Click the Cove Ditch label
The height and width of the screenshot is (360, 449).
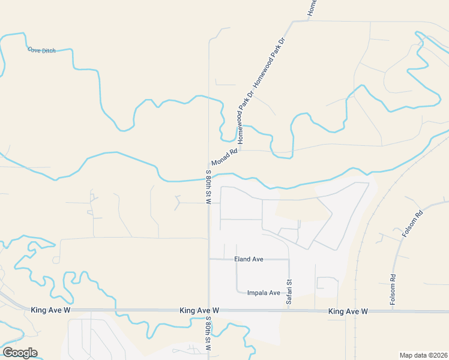41,50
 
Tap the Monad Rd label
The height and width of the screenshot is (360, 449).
224,158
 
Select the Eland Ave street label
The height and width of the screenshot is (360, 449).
249,259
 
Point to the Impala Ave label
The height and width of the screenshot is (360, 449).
264,293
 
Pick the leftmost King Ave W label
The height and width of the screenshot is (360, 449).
51,310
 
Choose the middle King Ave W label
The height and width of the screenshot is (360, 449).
199,311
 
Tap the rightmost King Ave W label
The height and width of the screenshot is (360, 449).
348,311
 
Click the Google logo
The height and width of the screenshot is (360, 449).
20,353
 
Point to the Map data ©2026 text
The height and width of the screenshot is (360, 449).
423,355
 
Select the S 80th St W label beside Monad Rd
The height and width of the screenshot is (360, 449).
208,187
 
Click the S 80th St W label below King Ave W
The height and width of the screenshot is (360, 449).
208,334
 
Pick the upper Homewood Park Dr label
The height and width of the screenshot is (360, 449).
268,62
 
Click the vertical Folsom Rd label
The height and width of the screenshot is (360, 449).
393,290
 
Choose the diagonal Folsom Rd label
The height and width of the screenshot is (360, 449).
413,224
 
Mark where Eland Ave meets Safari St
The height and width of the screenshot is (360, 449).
289,260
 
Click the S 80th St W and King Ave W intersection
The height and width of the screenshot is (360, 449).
209,311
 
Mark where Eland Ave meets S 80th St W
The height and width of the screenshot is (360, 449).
209,259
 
